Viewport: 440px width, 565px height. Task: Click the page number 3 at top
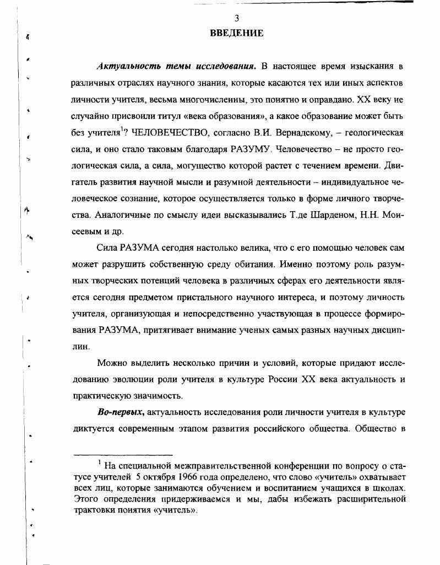click(x=237, y=18)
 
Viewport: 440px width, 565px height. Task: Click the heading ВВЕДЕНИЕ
click(x=237, y=34)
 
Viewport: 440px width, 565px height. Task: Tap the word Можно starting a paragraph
click(x=111, y=363)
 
